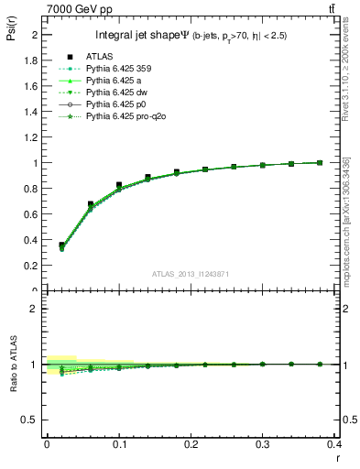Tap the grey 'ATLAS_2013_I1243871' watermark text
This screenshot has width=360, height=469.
pyautogui.click(x=191, y=275)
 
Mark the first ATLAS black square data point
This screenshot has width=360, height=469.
pyautogui.click(x=61, y=245)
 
